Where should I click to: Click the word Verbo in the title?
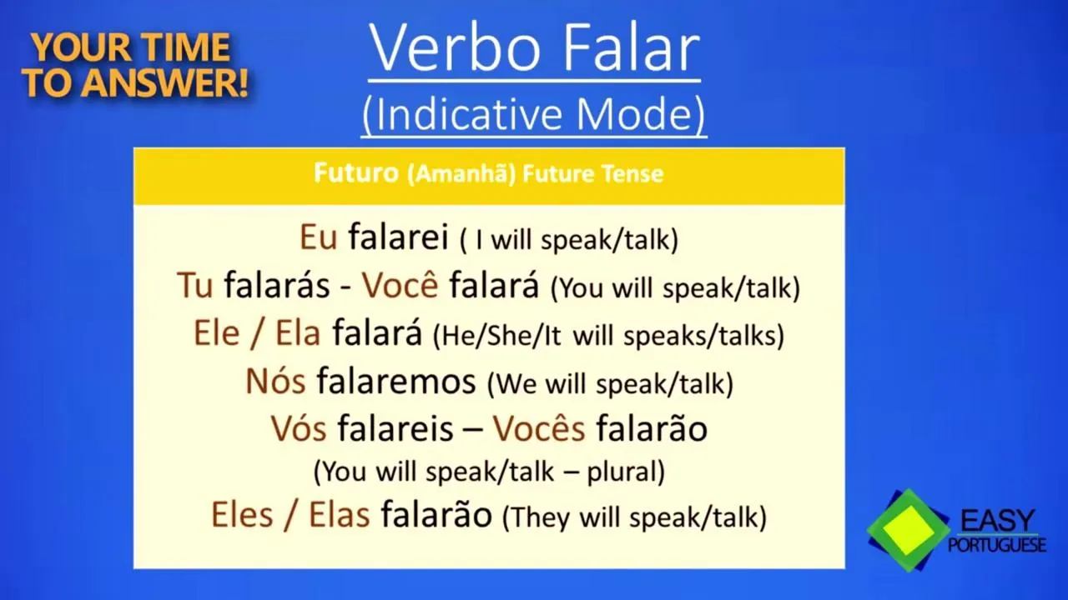pos(455,48)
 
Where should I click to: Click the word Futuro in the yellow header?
pos(356,172)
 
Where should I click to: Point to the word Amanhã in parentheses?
pos(461,174)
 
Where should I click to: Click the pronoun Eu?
pos(318,237)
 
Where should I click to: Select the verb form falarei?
pos(398,237)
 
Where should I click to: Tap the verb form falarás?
pos(277,284)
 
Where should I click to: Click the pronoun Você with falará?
pos(400,284)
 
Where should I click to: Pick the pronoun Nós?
pos(275,381)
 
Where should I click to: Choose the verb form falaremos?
pos(396,381)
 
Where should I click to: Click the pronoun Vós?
pos(299,428)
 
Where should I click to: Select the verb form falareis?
pos(395,428)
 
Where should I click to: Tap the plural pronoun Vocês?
pos(539,428)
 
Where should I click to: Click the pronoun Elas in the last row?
pos(339,515)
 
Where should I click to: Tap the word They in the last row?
pos(539,517)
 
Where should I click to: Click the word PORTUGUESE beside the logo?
pos(997,545)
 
